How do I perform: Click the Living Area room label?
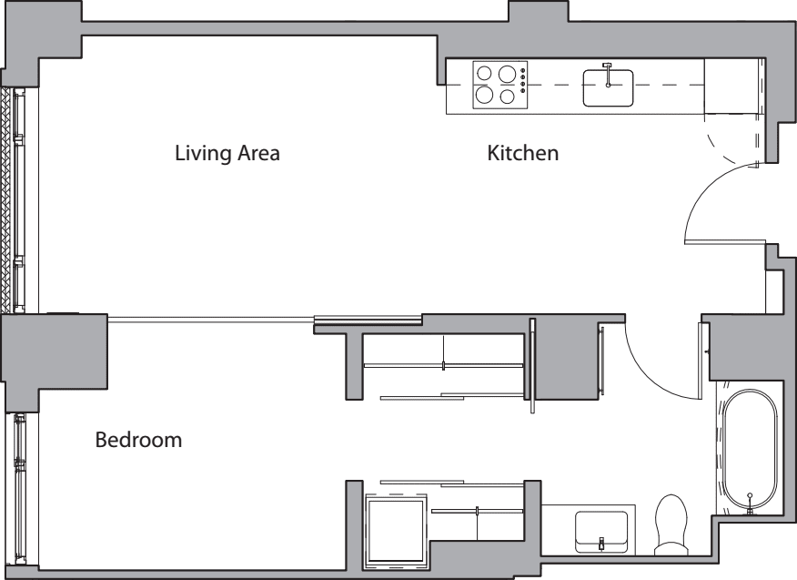click(x=227, y=153)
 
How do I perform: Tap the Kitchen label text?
click(x=522, y=153)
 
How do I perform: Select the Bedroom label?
click(x=138, y=441)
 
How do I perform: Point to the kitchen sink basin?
click(x=608, y=88)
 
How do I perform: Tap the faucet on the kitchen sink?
click(x=608, y=69)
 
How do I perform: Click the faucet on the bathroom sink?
click(x=601, y=544)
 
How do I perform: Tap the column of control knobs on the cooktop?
click(x=524, y=83)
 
